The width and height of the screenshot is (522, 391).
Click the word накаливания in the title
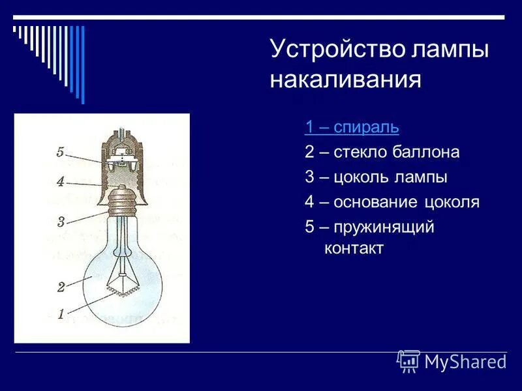(346, 80)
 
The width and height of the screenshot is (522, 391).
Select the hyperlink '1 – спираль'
(351, 127)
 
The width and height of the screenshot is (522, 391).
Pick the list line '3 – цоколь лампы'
(376, 177)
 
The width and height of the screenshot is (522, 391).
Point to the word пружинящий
(384, 227)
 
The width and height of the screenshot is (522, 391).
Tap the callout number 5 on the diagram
(59, 152)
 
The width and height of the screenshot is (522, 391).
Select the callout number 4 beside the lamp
(59, 182)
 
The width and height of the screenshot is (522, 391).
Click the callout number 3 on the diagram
(60, 222)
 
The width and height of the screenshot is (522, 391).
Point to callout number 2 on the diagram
(60, 287)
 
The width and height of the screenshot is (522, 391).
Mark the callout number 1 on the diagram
(60, 314)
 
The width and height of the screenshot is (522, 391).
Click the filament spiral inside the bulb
(123, 286)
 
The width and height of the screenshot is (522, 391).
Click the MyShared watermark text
(465, 362)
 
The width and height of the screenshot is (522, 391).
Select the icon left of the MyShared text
(408, 361)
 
